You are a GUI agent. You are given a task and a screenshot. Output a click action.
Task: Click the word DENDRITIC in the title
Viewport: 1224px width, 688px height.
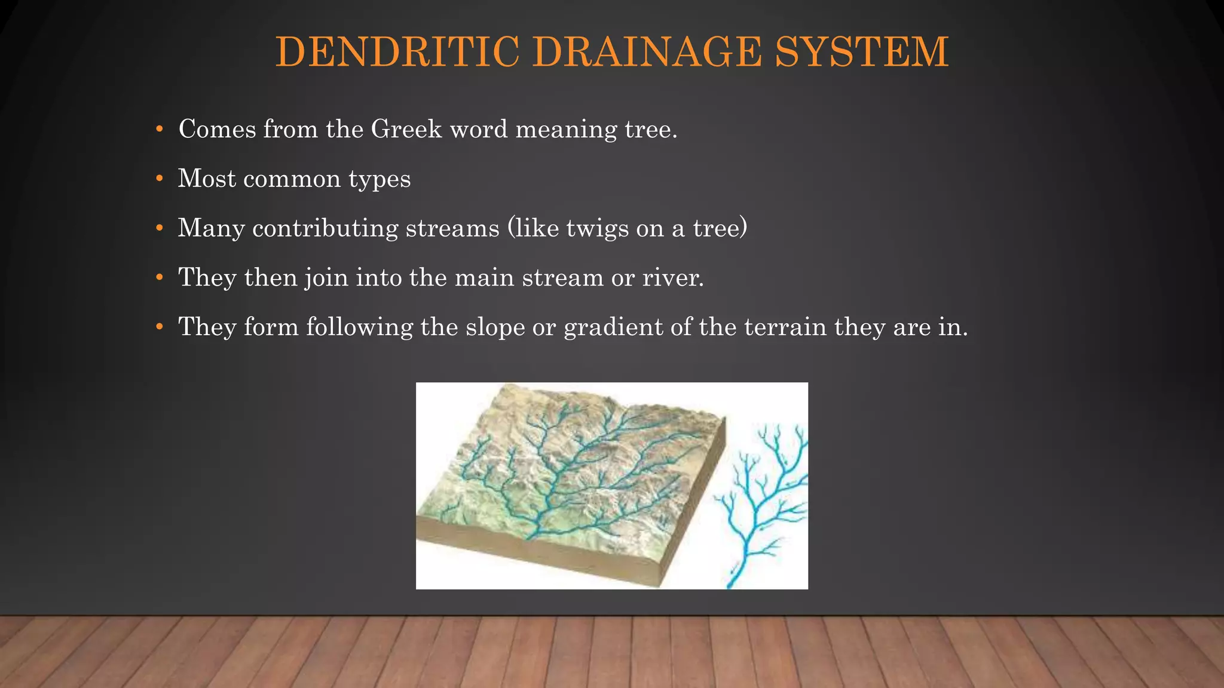point(397,52)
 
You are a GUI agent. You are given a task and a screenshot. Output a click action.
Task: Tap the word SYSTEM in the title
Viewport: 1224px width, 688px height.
point(861,52)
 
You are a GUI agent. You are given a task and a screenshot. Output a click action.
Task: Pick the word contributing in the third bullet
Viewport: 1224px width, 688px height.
point(325,229)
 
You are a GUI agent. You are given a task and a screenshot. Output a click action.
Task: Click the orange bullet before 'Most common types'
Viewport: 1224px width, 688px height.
point(159,179)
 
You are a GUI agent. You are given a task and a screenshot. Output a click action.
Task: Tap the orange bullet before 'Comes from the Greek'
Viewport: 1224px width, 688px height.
point(159,129)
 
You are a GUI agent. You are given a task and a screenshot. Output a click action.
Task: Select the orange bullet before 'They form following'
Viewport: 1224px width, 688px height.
point(159,327)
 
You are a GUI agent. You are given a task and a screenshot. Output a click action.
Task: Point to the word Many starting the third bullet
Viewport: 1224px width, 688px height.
point(211,229)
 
